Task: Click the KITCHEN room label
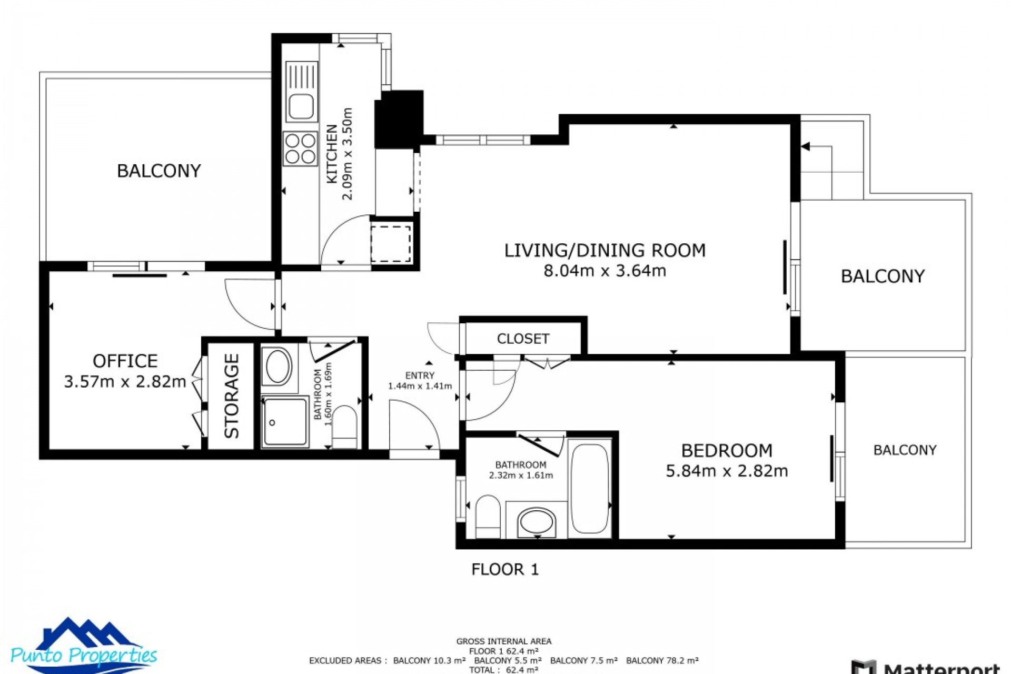(332, 154)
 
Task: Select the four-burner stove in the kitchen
(300, 148)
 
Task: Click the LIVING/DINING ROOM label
(604, 250)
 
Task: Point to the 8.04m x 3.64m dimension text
(604, 271)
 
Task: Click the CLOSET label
(523, 339)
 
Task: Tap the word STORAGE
(232, 395)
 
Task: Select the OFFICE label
(125, 361)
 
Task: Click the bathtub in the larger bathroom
(590, 489)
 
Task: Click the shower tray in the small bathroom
(285, 422)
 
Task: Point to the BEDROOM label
(727, 450)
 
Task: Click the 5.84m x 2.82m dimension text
(727, 471)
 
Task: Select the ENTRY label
(420, 375)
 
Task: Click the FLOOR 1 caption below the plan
(504, 569)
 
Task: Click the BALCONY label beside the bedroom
(905, 450)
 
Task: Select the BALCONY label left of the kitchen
(158, 171)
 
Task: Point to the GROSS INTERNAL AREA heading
(503, 641)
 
